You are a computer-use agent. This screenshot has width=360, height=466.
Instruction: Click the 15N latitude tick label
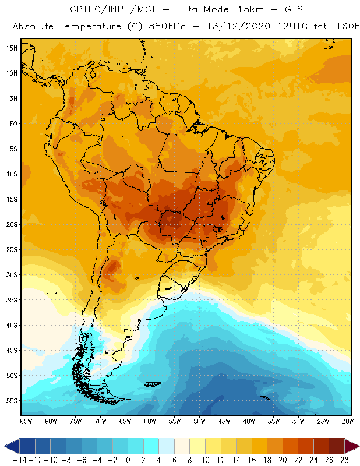11,48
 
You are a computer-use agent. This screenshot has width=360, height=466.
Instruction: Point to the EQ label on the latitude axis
13,123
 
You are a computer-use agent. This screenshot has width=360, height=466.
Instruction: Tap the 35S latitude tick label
11,300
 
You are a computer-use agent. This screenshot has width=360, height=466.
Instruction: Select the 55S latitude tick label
11,401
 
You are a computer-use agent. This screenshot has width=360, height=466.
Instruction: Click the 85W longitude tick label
26,421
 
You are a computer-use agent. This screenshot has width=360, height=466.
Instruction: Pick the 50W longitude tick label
199,421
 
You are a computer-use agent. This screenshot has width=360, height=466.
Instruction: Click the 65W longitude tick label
125,421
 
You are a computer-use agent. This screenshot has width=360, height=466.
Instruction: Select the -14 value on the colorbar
19,460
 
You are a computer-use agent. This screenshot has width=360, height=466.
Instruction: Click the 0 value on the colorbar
128,460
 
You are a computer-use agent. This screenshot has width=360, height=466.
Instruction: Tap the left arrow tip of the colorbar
5,446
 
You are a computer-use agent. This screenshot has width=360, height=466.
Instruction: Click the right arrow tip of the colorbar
357,446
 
